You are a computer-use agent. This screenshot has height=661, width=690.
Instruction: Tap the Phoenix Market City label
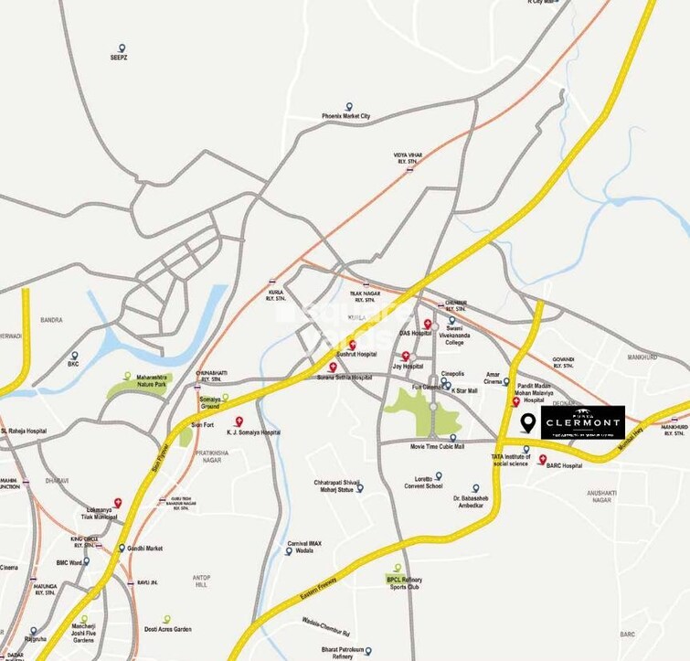click(x=346, y=117)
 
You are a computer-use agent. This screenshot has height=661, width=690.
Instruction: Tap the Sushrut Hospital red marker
click(x=352, y=344)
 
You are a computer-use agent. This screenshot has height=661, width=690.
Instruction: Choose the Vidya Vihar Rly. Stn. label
click(x=410, y=158)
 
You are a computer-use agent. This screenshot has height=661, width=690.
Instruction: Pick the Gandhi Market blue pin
click(x=122, y=548)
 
